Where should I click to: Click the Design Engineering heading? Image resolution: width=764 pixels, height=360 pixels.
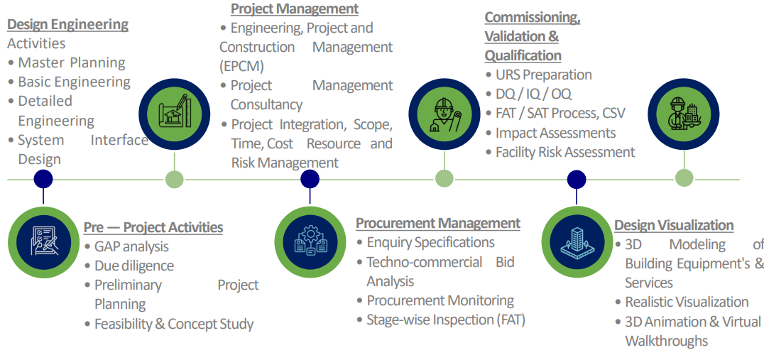click(67, 24)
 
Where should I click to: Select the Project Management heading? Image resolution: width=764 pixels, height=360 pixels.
click(294, 9)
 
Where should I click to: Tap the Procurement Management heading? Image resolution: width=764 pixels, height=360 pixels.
click(438, 223)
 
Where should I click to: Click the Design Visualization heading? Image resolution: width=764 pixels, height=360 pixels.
click(674, 226)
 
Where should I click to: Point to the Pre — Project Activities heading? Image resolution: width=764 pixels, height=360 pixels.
click(153, 227)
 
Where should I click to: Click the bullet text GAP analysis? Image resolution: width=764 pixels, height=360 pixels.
click(131, 246)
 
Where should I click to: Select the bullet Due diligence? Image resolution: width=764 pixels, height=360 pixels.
click(134, 266)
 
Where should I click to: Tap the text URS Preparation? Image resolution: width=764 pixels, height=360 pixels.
click(544, 75)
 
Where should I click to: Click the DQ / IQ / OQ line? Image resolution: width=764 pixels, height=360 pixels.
click(533, 94)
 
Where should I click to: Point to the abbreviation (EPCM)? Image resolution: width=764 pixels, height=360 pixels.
click(242, 66)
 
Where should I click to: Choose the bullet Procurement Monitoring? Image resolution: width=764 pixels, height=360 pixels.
click(440, 300)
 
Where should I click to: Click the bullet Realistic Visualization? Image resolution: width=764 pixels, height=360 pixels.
click(687, 302)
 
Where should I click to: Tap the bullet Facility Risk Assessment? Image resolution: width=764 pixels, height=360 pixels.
click(565, 152)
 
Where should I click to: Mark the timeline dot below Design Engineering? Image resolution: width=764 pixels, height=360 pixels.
click(43, 179)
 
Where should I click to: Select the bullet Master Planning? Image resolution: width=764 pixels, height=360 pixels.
click(72, 63)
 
